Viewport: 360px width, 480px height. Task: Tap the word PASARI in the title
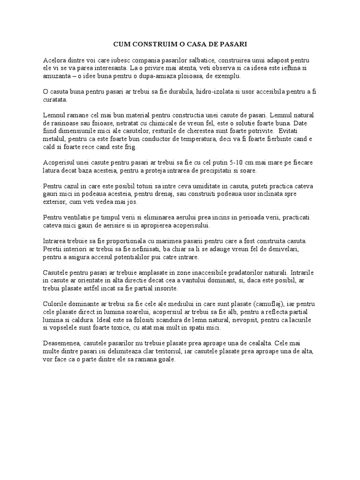(x=233, y=44)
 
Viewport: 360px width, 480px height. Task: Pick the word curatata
(x=55, y=99)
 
